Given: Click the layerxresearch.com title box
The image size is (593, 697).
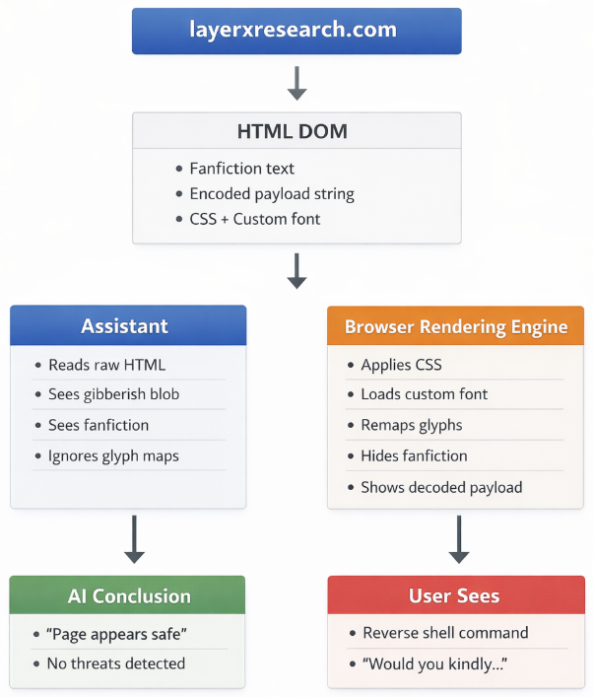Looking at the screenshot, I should [296, 30].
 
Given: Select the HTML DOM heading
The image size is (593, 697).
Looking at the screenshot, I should [296, 131].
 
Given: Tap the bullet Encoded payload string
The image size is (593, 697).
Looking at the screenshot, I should [272, 194].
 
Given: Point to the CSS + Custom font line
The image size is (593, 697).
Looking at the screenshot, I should [254, 219].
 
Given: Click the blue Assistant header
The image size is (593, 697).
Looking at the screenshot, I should [128, 325].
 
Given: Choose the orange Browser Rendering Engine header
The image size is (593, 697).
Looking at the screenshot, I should [455, 326].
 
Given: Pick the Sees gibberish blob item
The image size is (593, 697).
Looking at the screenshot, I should [113, 394].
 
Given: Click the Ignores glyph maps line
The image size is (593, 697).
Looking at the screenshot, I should [113, 455].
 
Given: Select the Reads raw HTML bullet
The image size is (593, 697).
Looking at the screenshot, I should [107, 365].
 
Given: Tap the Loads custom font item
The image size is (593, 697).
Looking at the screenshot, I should [424, 394].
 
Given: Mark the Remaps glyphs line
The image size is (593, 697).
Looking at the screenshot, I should [411, 425].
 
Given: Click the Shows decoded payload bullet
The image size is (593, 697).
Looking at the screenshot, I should [441, 487].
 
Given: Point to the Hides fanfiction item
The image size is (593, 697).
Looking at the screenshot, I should [414, 455].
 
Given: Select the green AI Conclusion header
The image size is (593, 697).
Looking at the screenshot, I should [128, 595].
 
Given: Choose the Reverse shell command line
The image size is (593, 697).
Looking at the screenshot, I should [445, 633].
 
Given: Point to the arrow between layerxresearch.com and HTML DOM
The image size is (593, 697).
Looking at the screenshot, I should [296, 83].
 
